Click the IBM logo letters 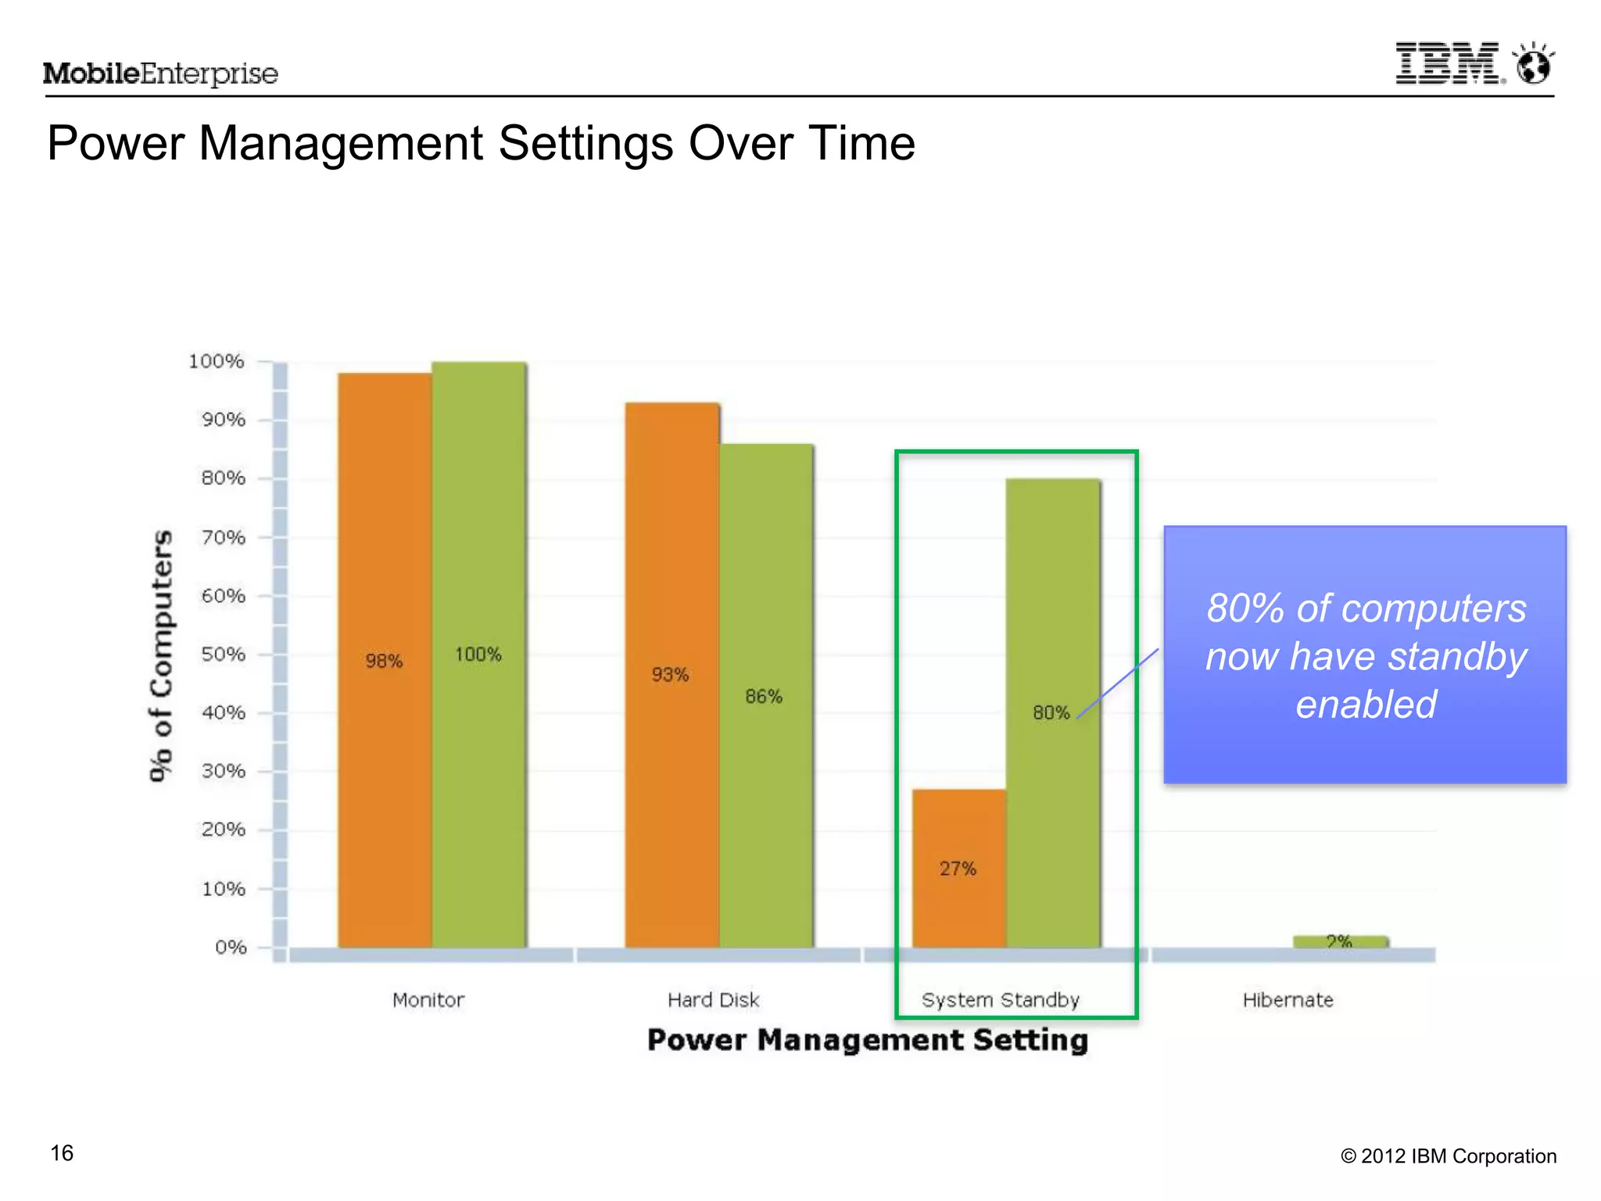[1449, 63]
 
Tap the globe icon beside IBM [1534, 65]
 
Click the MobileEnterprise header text [160, 74]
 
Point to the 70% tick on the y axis [224, 538]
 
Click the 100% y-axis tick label [217, 362]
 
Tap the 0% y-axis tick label [231, 948]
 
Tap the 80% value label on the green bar [1051, 712]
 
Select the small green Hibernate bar [1340, 941]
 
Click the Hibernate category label [1288, 1000]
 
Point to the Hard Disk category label [713, 1000]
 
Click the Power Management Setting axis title [868, 1040]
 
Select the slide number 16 [62, 1153]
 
